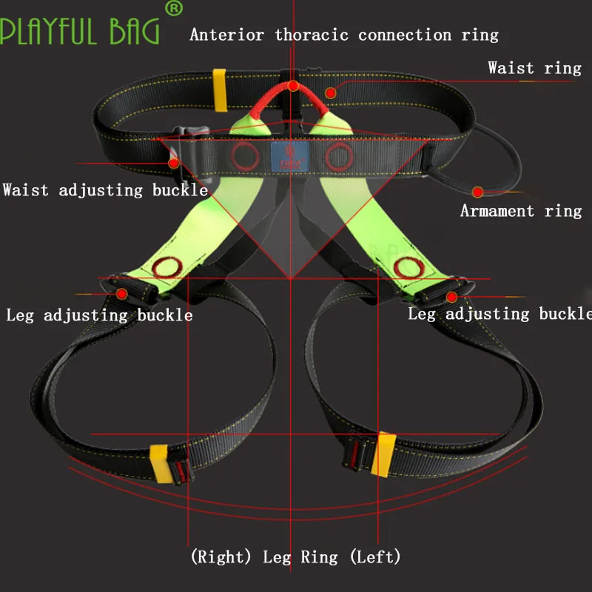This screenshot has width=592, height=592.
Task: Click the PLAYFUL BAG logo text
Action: click(x=80, y=31)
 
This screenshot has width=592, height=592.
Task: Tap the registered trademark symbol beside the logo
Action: click(x=174, y=8)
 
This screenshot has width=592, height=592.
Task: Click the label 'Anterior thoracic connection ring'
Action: click(x=344, y=35)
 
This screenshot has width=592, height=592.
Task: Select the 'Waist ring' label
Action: click(x=534, y=68)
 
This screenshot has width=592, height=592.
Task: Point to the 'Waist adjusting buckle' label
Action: click(x=105, y=190)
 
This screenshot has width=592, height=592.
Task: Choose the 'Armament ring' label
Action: click(x=521, y=211)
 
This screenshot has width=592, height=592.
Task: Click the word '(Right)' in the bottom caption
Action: click(x=221, y=556)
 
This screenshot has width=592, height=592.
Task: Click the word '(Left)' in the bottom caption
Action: click(x=375, y=556)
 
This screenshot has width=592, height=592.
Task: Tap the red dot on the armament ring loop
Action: click(x=477, y=192)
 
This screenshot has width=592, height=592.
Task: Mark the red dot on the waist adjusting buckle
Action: click(x=174, y=164)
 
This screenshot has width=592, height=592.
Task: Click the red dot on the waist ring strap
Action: click(x=331, y=93)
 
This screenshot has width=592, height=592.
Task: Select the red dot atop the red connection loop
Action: click(x=293, y=86)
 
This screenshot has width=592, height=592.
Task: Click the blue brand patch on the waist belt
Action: click(x=290, y=156)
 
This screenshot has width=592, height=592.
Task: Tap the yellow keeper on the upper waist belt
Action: click(x=220, y=90)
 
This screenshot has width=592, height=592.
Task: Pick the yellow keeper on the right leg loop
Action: click(x=160, y=464)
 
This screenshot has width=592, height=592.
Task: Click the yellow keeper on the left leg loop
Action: click(x=383, y=454)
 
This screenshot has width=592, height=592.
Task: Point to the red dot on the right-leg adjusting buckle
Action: click(x=121, y=294)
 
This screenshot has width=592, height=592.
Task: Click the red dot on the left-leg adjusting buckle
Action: click(x=451, y=297)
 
